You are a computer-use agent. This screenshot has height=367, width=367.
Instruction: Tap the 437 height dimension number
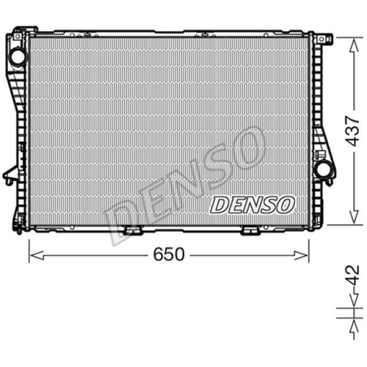[x=353, y=130]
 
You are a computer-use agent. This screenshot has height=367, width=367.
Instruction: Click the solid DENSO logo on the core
[x=252, y=205]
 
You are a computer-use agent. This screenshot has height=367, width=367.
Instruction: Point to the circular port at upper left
[x=18, y=56]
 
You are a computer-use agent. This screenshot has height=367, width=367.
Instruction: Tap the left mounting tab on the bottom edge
[x=132, y=231]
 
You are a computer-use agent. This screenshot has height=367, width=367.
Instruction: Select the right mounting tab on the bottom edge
[x=250, y=231]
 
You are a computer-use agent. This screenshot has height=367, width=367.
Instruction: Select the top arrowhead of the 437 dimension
[x=353, y=44]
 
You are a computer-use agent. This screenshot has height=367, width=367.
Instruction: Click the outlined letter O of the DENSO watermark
[x=246, y=149]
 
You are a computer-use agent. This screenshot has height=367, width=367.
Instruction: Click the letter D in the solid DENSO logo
[x=220, y=206]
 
